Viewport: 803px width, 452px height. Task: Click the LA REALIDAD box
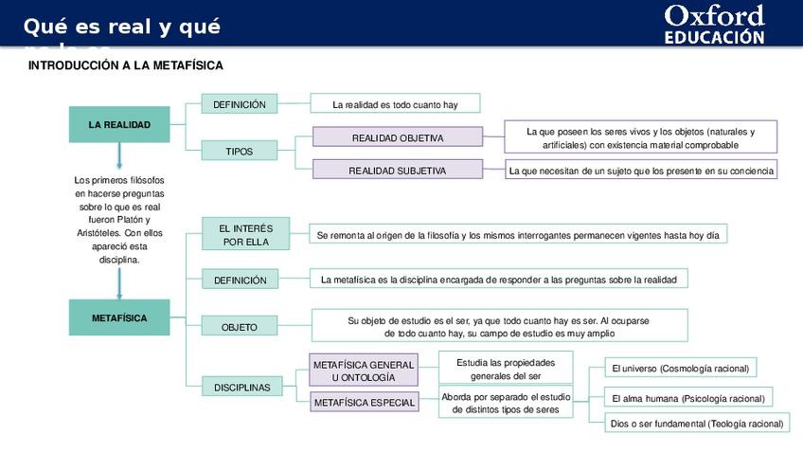[x=119, y=125]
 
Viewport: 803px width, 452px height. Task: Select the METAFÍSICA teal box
[x=119, y=318]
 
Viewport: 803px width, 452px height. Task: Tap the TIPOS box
[x=240, y=151]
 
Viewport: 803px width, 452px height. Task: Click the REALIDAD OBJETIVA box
[x=397, y=138]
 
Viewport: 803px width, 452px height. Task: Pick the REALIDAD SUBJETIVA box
[x=397, y=171]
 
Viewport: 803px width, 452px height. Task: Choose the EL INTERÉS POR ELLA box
[x=245, y=235]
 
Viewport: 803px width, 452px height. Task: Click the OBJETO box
[x=240, y=327]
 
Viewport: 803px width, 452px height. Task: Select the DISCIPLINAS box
[x=241, y=388]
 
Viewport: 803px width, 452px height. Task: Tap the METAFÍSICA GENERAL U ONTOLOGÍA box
[x=364, y=371]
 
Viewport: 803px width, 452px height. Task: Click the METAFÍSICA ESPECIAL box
[x=364, y=403]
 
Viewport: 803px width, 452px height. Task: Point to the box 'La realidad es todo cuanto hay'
[x=395, y=104]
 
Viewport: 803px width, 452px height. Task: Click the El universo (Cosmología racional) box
[x=681, y=369]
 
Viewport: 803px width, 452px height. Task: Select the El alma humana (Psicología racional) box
[x=687, y=398]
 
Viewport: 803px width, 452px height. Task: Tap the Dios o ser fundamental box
[x=697, y=424]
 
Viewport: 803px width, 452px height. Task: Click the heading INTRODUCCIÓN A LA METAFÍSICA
[x=126, y=65]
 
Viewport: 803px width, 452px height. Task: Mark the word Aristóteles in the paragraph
[x=98, y=233]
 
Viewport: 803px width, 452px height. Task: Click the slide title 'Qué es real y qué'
[x=122, y=27]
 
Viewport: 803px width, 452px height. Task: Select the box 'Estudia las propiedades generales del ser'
[x=505, y=369]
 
